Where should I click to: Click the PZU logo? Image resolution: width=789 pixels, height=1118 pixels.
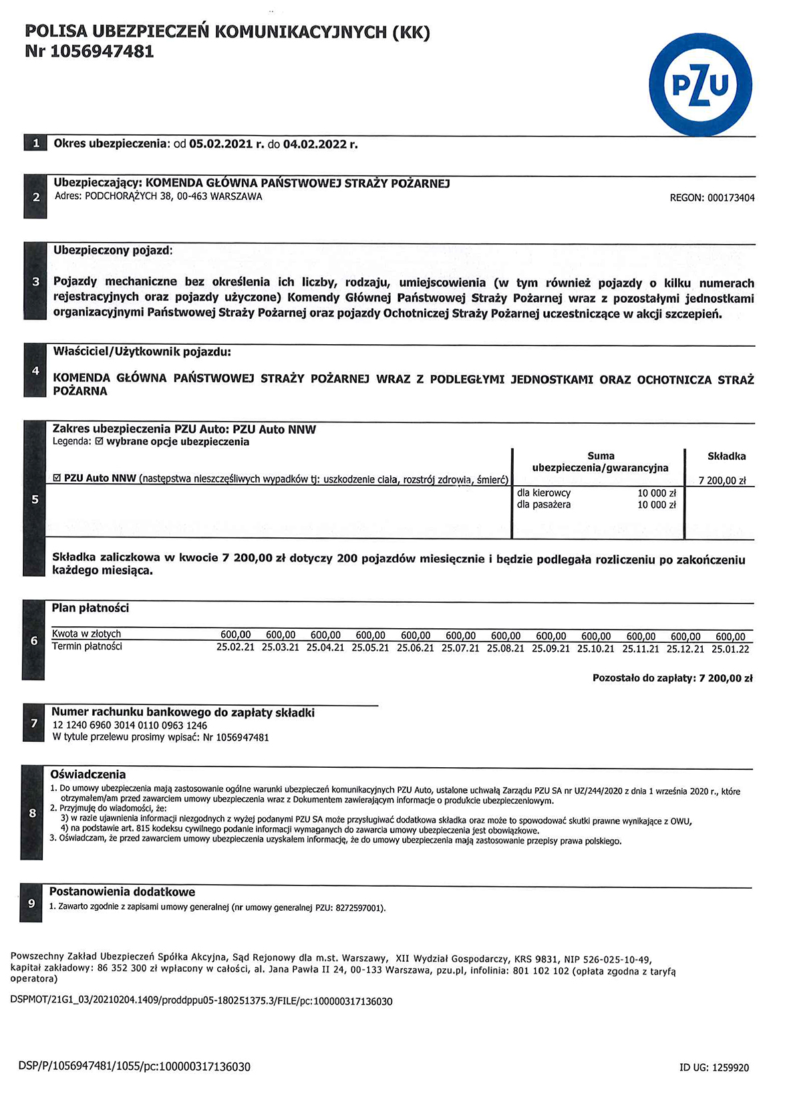[700, 85]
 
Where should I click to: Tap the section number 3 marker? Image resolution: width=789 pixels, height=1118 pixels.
[36, 282]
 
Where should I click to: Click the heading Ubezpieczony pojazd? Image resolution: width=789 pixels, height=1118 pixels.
[112, 251]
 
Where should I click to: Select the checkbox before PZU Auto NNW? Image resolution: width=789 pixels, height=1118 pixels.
[57, 478]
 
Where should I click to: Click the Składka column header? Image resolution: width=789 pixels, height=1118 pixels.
[726, 456]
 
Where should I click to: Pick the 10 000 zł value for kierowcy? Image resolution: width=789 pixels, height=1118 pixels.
[657, 493]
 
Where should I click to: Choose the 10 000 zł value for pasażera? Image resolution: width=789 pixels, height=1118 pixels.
[657, 505]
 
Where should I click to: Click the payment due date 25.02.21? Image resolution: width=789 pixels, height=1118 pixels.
[235, 648]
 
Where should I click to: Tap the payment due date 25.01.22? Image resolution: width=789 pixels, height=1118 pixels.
[730, 648]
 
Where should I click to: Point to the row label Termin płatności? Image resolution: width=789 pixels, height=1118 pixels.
[87, 646]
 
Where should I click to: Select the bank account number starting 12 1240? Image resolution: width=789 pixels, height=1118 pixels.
[130, 725]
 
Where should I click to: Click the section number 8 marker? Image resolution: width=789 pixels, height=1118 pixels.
[33, 813]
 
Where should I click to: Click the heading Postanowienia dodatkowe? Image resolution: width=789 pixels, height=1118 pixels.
[122, 892]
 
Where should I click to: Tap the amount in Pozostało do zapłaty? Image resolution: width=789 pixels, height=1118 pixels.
[726, 678]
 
